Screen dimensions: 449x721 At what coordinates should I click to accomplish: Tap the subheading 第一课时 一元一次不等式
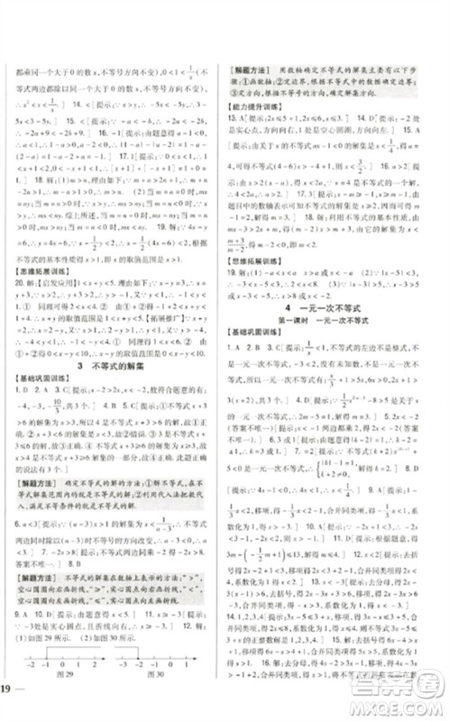337,346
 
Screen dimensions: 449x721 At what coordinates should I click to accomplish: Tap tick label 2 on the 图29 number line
92,673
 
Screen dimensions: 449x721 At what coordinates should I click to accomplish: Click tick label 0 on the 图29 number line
64,673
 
